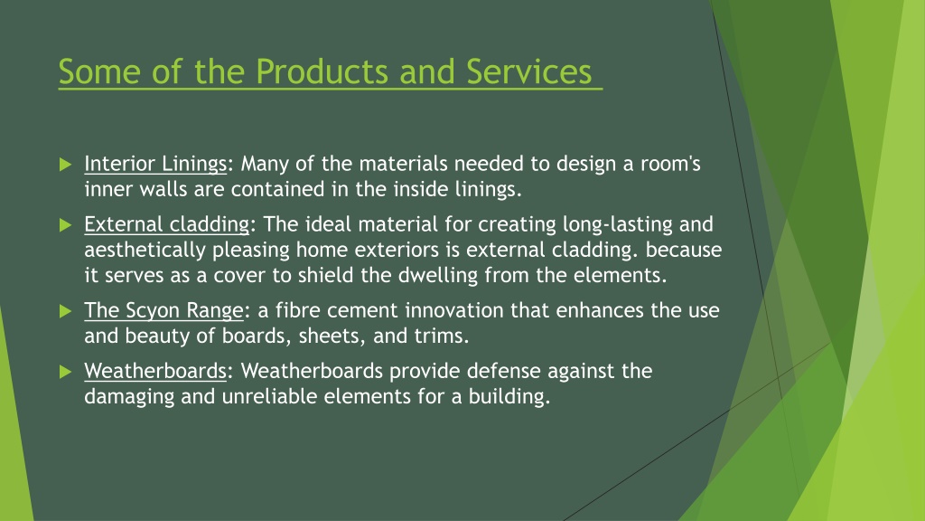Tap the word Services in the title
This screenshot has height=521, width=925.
528,71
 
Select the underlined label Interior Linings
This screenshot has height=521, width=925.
155,165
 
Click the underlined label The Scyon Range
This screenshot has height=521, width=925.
164,311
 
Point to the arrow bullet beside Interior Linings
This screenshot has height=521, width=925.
65,165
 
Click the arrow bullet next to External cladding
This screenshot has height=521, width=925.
65,225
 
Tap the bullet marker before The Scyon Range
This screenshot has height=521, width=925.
65,311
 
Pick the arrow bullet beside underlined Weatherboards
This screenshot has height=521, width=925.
65,372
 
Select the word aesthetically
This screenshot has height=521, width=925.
145,251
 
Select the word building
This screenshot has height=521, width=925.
509,396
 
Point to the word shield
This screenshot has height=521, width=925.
325,275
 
